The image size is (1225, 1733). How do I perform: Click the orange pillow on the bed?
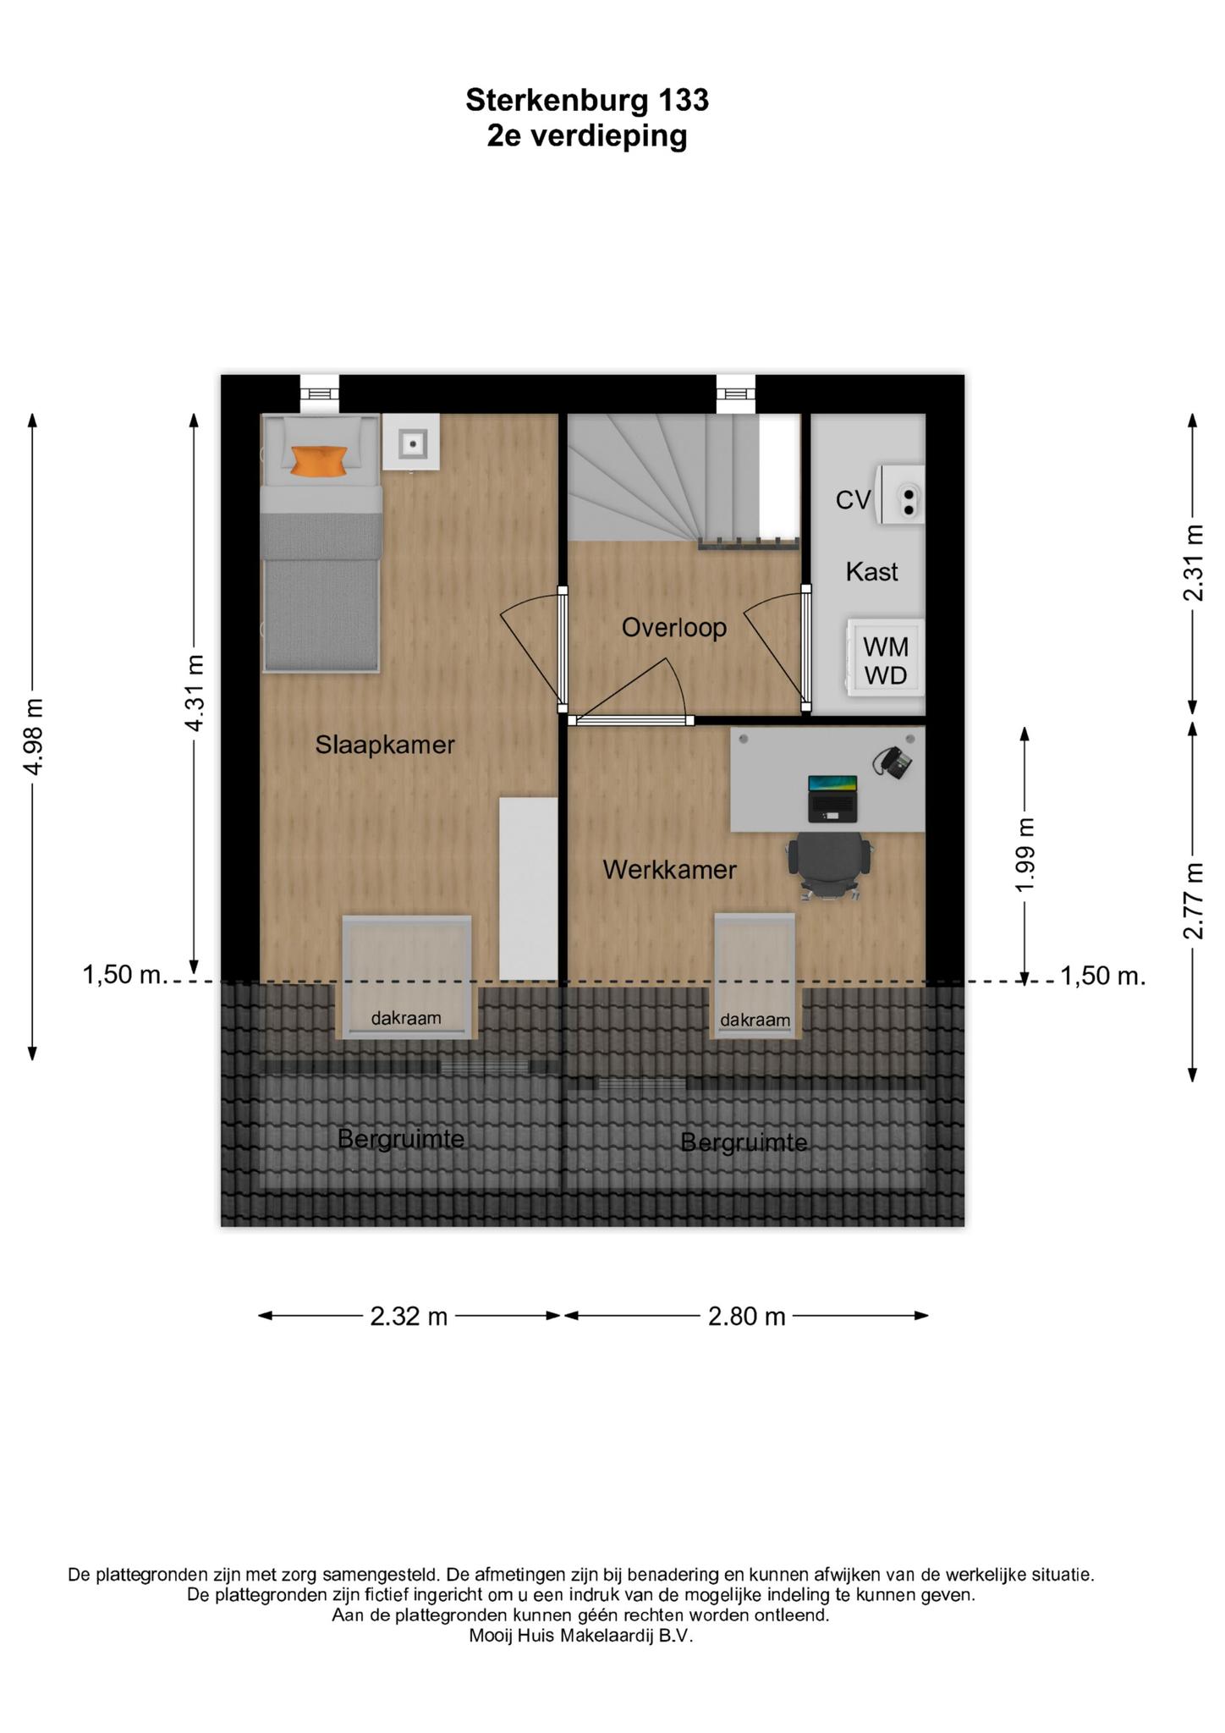[319, 461]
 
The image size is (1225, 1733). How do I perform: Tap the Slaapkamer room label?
[385, 745]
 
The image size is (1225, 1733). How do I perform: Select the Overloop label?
[674, 628]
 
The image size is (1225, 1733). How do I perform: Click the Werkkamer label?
[670, 869]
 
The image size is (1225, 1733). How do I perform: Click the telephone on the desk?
[893, 761]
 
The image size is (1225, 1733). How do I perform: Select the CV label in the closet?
[853, 500]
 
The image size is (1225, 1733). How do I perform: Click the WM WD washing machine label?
[886, 661]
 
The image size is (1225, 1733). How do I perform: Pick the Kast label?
[872, 572]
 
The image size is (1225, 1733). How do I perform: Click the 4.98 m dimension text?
[33, 736]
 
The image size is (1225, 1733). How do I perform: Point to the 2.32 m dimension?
[409, 1317]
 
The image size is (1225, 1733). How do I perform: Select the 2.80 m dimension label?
[747, 1317]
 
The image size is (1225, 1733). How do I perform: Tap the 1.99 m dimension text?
[1025, 855]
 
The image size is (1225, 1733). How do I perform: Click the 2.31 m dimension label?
[1193, 563]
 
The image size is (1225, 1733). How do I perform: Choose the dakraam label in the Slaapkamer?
[406, 1018]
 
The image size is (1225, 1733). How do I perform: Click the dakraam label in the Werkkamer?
[755, 1021]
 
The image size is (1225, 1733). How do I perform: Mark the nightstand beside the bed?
[411, 442]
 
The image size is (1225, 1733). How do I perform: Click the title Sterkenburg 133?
[587, 101]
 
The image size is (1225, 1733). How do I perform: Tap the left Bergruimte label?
[401, 1140]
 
